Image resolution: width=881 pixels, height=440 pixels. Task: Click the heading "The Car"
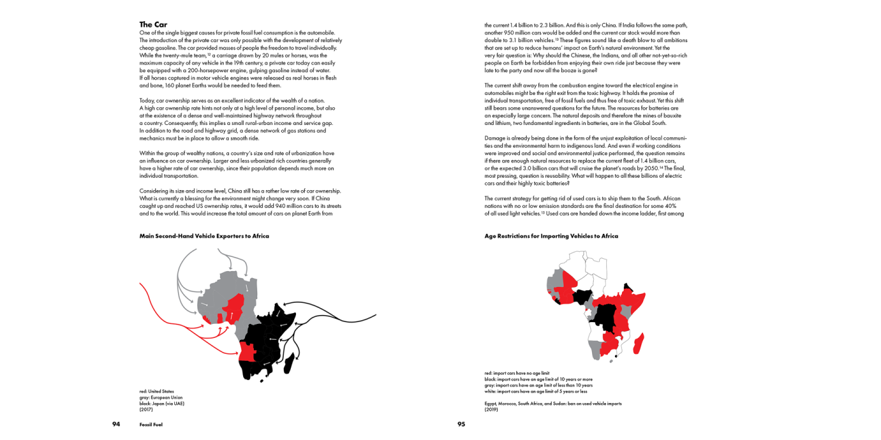coord(153,25)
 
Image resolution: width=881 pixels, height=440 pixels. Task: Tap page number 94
coord(116,424)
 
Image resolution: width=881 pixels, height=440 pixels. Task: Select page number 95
coord(461,424)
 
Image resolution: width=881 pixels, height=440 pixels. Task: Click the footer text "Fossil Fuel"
coord(152,424)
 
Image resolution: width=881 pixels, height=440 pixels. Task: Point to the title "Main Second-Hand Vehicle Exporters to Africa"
coord(204,236)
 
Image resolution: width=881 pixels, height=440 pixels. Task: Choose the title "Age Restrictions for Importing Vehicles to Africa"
coord(551,236)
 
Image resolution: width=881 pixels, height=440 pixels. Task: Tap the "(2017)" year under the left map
coord(146,409)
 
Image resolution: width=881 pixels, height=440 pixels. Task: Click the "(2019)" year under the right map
coord(491,409)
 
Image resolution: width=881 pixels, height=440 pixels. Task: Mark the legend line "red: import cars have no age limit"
coord(516,373)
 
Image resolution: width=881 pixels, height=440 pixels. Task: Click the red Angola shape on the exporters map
coord(247,351)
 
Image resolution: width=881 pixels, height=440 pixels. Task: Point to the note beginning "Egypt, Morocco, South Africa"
coord(553,404)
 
